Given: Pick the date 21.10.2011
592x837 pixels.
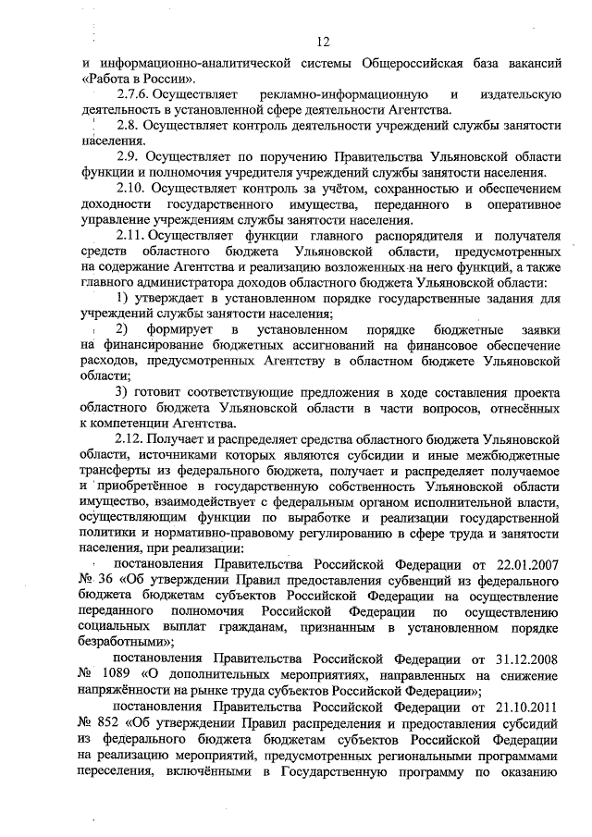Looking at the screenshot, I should pyautogui.click(x=525, y=708).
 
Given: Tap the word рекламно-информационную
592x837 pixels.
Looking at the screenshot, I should pyautogui.click(x=353, y=94).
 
